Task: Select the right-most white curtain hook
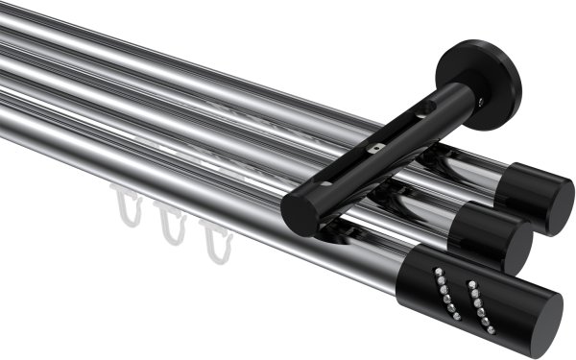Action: pos(216,239)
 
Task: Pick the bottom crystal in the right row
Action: pos(482,324)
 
